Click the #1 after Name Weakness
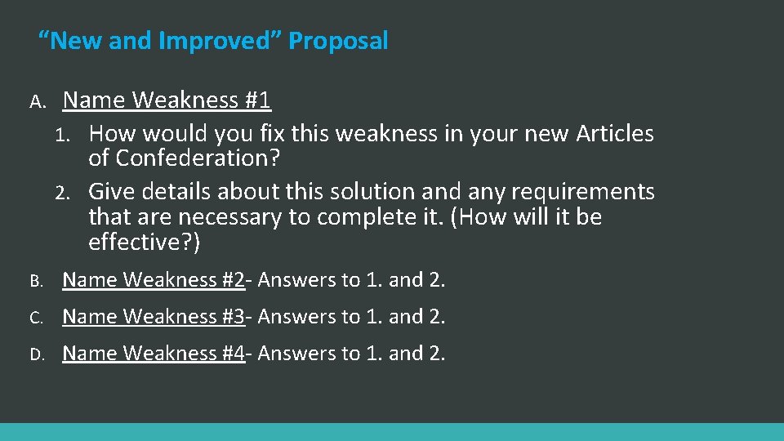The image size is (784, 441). click(256, 100)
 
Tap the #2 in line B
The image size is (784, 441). click(232, 280)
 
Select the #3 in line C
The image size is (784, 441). click(232, 316)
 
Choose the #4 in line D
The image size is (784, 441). click(232, 353)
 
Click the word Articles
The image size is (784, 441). click(615, 133)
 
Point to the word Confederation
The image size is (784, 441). click(198, 158)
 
